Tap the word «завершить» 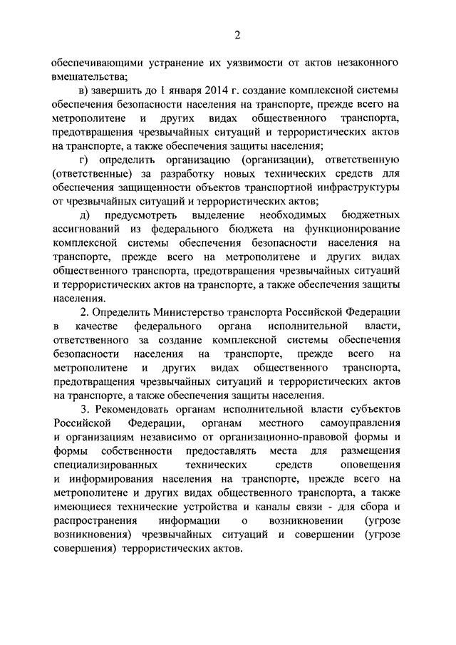coord(118,91)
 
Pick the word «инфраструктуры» coord(351,187)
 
